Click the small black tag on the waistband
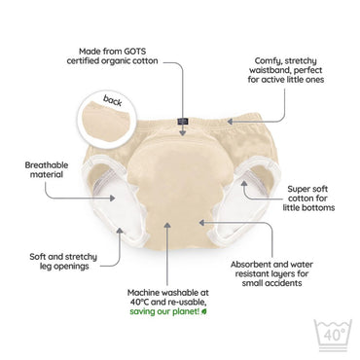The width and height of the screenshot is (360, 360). coord(182,122)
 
